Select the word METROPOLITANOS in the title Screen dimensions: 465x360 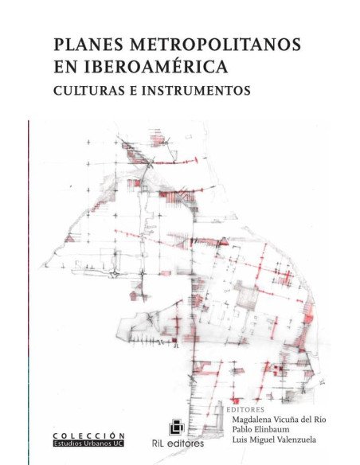point(211,45)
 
